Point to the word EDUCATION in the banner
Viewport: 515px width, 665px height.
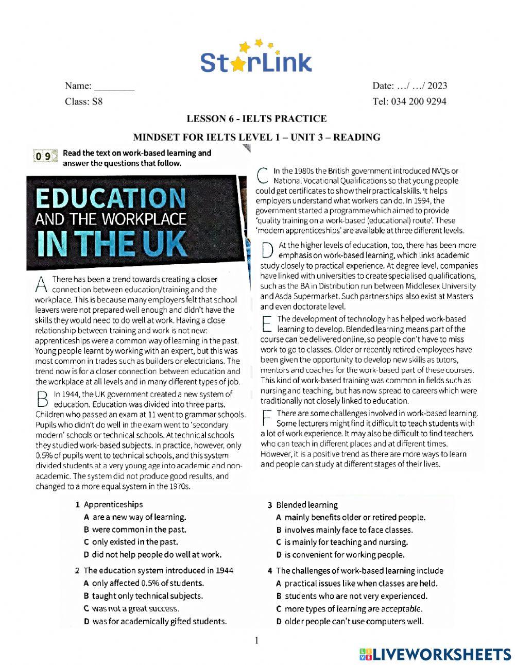coord(111,198)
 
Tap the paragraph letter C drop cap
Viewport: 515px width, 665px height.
coord(262,176)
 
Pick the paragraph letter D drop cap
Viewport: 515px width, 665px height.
coord(266,250)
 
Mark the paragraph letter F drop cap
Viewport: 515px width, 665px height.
coord(266,418)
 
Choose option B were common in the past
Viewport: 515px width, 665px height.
coord(134,530)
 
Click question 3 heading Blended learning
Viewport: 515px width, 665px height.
coord(306,505)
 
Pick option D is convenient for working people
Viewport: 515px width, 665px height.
coord(340,555)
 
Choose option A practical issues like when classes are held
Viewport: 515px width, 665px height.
coord(356,584)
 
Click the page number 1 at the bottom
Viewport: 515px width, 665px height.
coord(256,641)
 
